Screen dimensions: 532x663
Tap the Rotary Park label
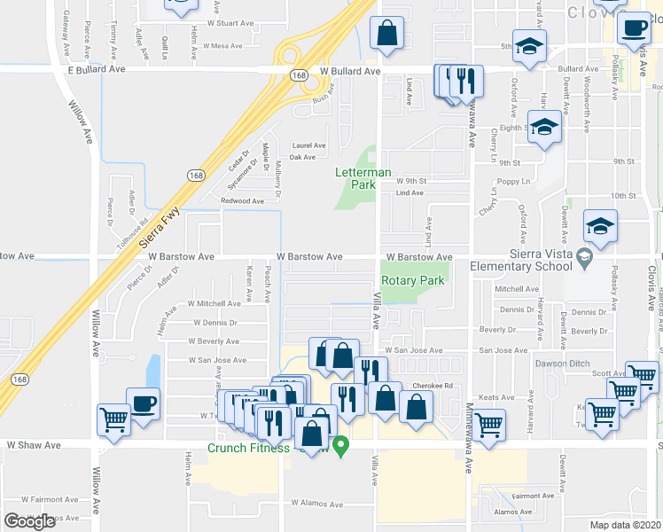412,280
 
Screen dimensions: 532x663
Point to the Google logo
29,521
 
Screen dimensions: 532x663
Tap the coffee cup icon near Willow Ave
144,403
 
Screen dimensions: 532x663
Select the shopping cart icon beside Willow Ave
114,419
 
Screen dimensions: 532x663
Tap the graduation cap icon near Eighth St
544,127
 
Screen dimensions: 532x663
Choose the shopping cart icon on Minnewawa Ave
489,423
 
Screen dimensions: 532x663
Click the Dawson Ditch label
561,364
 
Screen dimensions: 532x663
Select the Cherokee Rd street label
436,386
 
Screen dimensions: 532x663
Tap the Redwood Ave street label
243,201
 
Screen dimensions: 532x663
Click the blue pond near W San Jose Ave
153,372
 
